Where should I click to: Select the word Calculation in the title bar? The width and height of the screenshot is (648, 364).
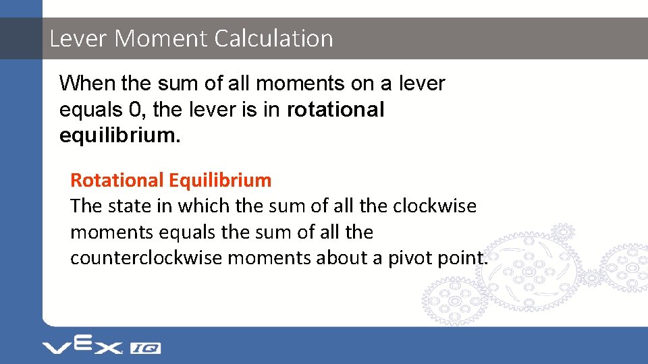click(274, 38)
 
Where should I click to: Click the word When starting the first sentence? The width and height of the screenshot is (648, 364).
click(88, 84)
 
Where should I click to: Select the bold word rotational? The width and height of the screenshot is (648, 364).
click(335, 110)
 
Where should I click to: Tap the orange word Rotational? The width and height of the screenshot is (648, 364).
click(117, 180)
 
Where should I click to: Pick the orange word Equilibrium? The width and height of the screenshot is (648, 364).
click(221, 180)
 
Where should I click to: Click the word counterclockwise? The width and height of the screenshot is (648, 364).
click(146, 257)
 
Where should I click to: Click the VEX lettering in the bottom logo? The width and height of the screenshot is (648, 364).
click(82, 346)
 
